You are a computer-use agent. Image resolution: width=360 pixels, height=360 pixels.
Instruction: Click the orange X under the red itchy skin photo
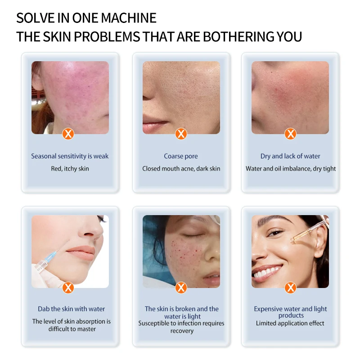68,134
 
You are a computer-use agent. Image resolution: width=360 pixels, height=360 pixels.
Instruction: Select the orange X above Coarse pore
181,134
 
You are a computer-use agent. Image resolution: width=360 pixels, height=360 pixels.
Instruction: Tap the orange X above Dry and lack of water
291,134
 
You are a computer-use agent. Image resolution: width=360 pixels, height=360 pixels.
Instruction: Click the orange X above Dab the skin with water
68,288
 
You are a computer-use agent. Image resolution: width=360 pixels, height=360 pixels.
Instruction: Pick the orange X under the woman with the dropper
291,288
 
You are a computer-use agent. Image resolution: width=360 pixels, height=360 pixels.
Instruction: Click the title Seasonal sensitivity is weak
70,156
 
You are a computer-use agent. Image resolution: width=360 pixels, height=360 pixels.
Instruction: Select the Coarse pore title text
181,156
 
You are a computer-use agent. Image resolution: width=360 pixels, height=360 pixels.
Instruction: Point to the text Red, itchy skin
70,169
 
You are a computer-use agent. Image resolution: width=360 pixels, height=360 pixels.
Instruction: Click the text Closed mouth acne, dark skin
181,169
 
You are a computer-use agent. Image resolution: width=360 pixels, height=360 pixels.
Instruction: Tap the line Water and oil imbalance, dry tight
291,169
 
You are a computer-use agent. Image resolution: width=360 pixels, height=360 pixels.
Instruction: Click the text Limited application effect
290,323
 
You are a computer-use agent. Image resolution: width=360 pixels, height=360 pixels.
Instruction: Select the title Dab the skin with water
71,309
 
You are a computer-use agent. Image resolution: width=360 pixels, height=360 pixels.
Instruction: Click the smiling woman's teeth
269,272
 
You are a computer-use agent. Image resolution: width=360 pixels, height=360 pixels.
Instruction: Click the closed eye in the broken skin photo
191,235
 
